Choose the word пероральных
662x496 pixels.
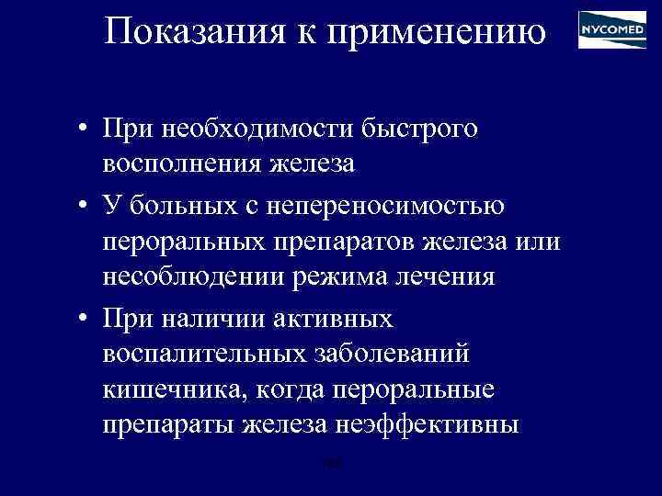184,241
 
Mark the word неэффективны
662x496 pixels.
435,426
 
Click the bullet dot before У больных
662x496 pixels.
83,204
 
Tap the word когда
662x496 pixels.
279,389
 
